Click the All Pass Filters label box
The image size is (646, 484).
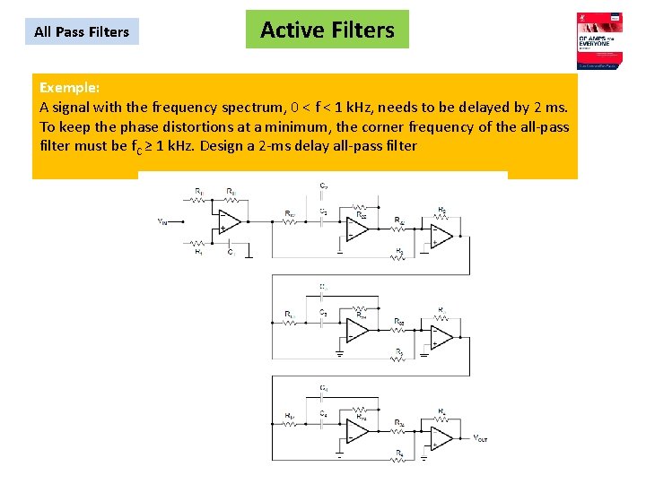tap(82, 32)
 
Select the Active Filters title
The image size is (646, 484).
tap(327, 30)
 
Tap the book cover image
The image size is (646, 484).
tap(600, 41)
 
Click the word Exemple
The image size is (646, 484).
tap(69, 88)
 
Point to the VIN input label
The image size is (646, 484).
tap(162, 220)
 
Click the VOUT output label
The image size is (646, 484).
tap(483, 438)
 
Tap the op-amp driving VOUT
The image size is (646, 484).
tap(441, 437)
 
